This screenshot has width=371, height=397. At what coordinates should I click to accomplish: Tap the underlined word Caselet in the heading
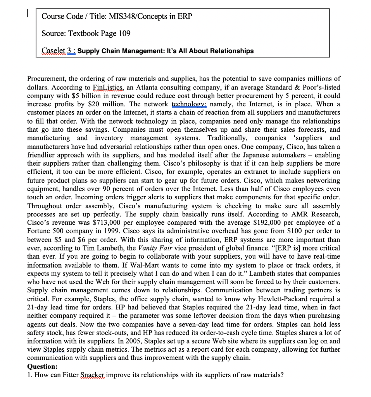pos(53,51)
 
